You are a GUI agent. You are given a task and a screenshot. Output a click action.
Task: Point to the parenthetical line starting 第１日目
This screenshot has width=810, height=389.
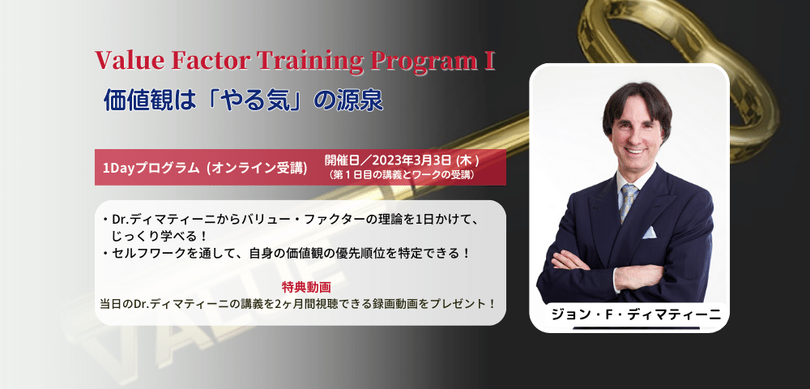click(x=402, y=175)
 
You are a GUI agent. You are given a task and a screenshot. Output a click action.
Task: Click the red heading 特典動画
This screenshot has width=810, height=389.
click(x=300, y=287)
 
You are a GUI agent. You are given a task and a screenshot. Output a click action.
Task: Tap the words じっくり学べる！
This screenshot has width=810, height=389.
click(x=162, y=236)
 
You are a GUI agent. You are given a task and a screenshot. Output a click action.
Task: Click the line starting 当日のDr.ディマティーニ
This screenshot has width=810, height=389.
click(x=297, y=303)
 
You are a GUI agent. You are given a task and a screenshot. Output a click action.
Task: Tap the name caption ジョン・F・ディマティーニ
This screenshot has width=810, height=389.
click(x=636, y=315)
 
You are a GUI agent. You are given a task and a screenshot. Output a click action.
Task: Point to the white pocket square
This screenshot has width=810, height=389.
click(x=649, y=233)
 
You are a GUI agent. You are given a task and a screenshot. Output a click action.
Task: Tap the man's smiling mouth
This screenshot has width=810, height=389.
click(x=637, y=152)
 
